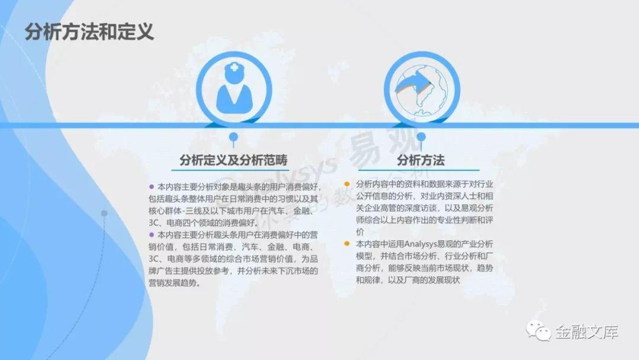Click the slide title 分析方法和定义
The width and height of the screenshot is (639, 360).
click(89, 32)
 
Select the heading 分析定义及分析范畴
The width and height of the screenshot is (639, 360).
click(234, 160)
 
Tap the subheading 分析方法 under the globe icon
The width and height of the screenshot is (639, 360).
click(421, 160)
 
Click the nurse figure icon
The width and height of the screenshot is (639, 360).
click(234, 88)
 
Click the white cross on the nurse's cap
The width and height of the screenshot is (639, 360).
click(234, 67)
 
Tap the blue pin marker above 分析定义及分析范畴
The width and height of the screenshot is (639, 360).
click(234, 139)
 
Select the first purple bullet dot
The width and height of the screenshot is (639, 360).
click(151, 187)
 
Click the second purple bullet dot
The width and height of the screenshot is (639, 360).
click(151, 235)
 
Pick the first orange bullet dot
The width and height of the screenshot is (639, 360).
click(347, 184)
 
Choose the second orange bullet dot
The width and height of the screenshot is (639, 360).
click(347, 244)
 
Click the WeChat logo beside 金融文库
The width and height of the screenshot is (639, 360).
click(538, 330)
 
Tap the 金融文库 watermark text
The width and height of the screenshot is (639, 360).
click(586, 332)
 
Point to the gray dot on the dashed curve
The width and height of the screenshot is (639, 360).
click(104, 213)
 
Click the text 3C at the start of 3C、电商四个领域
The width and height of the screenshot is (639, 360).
click(153, 223)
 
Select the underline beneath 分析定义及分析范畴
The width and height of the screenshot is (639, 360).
click(230, 169)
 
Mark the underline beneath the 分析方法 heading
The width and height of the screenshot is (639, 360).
click(418, 169)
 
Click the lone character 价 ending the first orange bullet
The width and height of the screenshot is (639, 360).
click(360, 232)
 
